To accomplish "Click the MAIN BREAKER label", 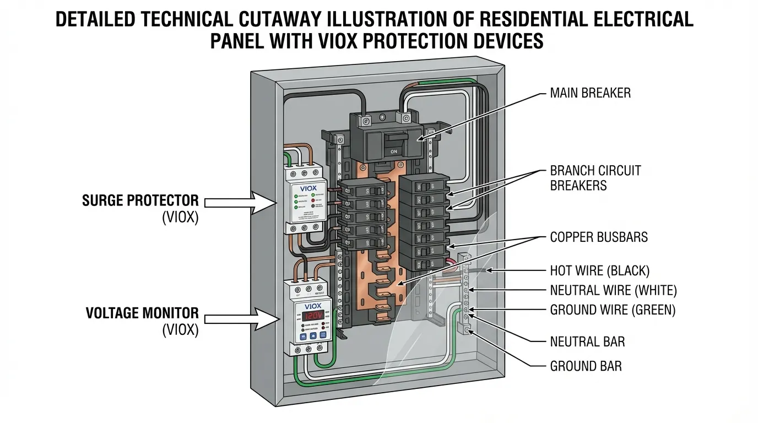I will point(590,93).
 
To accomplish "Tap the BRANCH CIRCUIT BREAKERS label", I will point(595,178).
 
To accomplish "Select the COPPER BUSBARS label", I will point(599,237).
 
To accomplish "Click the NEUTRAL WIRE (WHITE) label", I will point(613,290).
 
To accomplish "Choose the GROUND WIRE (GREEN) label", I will point(612,310).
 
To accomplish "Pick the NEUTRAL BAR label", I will point(587,342).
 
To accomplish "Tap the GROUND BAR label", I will point(586,366).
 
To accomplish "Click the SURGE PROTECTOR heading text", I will point(140,200).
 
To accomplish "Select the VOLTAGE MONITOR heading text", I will point(142,313).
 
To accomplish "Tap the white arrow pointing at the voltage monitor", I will point(240,318).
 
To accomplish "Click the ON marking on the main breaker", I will point(393,151).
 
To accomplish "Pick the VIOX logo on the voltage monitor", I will point(312,306).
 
